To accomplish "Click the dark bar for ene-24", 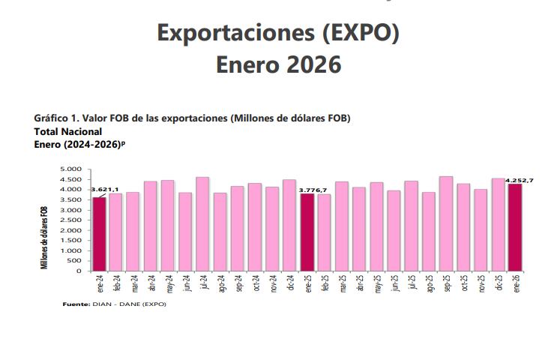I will [x=99, y=233].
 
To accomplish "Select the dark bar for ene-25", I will [x=307, y=232].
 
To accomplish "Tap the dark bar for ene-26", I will [x=515, y=227].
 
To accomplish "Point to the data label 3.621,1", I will [x=105, y=190].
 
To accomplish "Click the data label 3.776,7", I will [x=313, y=190].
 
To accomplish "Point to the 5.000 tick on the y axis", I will [x=71, y=169].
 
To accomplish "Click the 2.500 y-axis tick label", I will [x=71, y=220].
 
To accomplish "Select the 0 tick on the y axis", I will [x=79, y=271].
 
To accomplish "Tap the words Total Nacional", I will [x=68, y=130].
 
